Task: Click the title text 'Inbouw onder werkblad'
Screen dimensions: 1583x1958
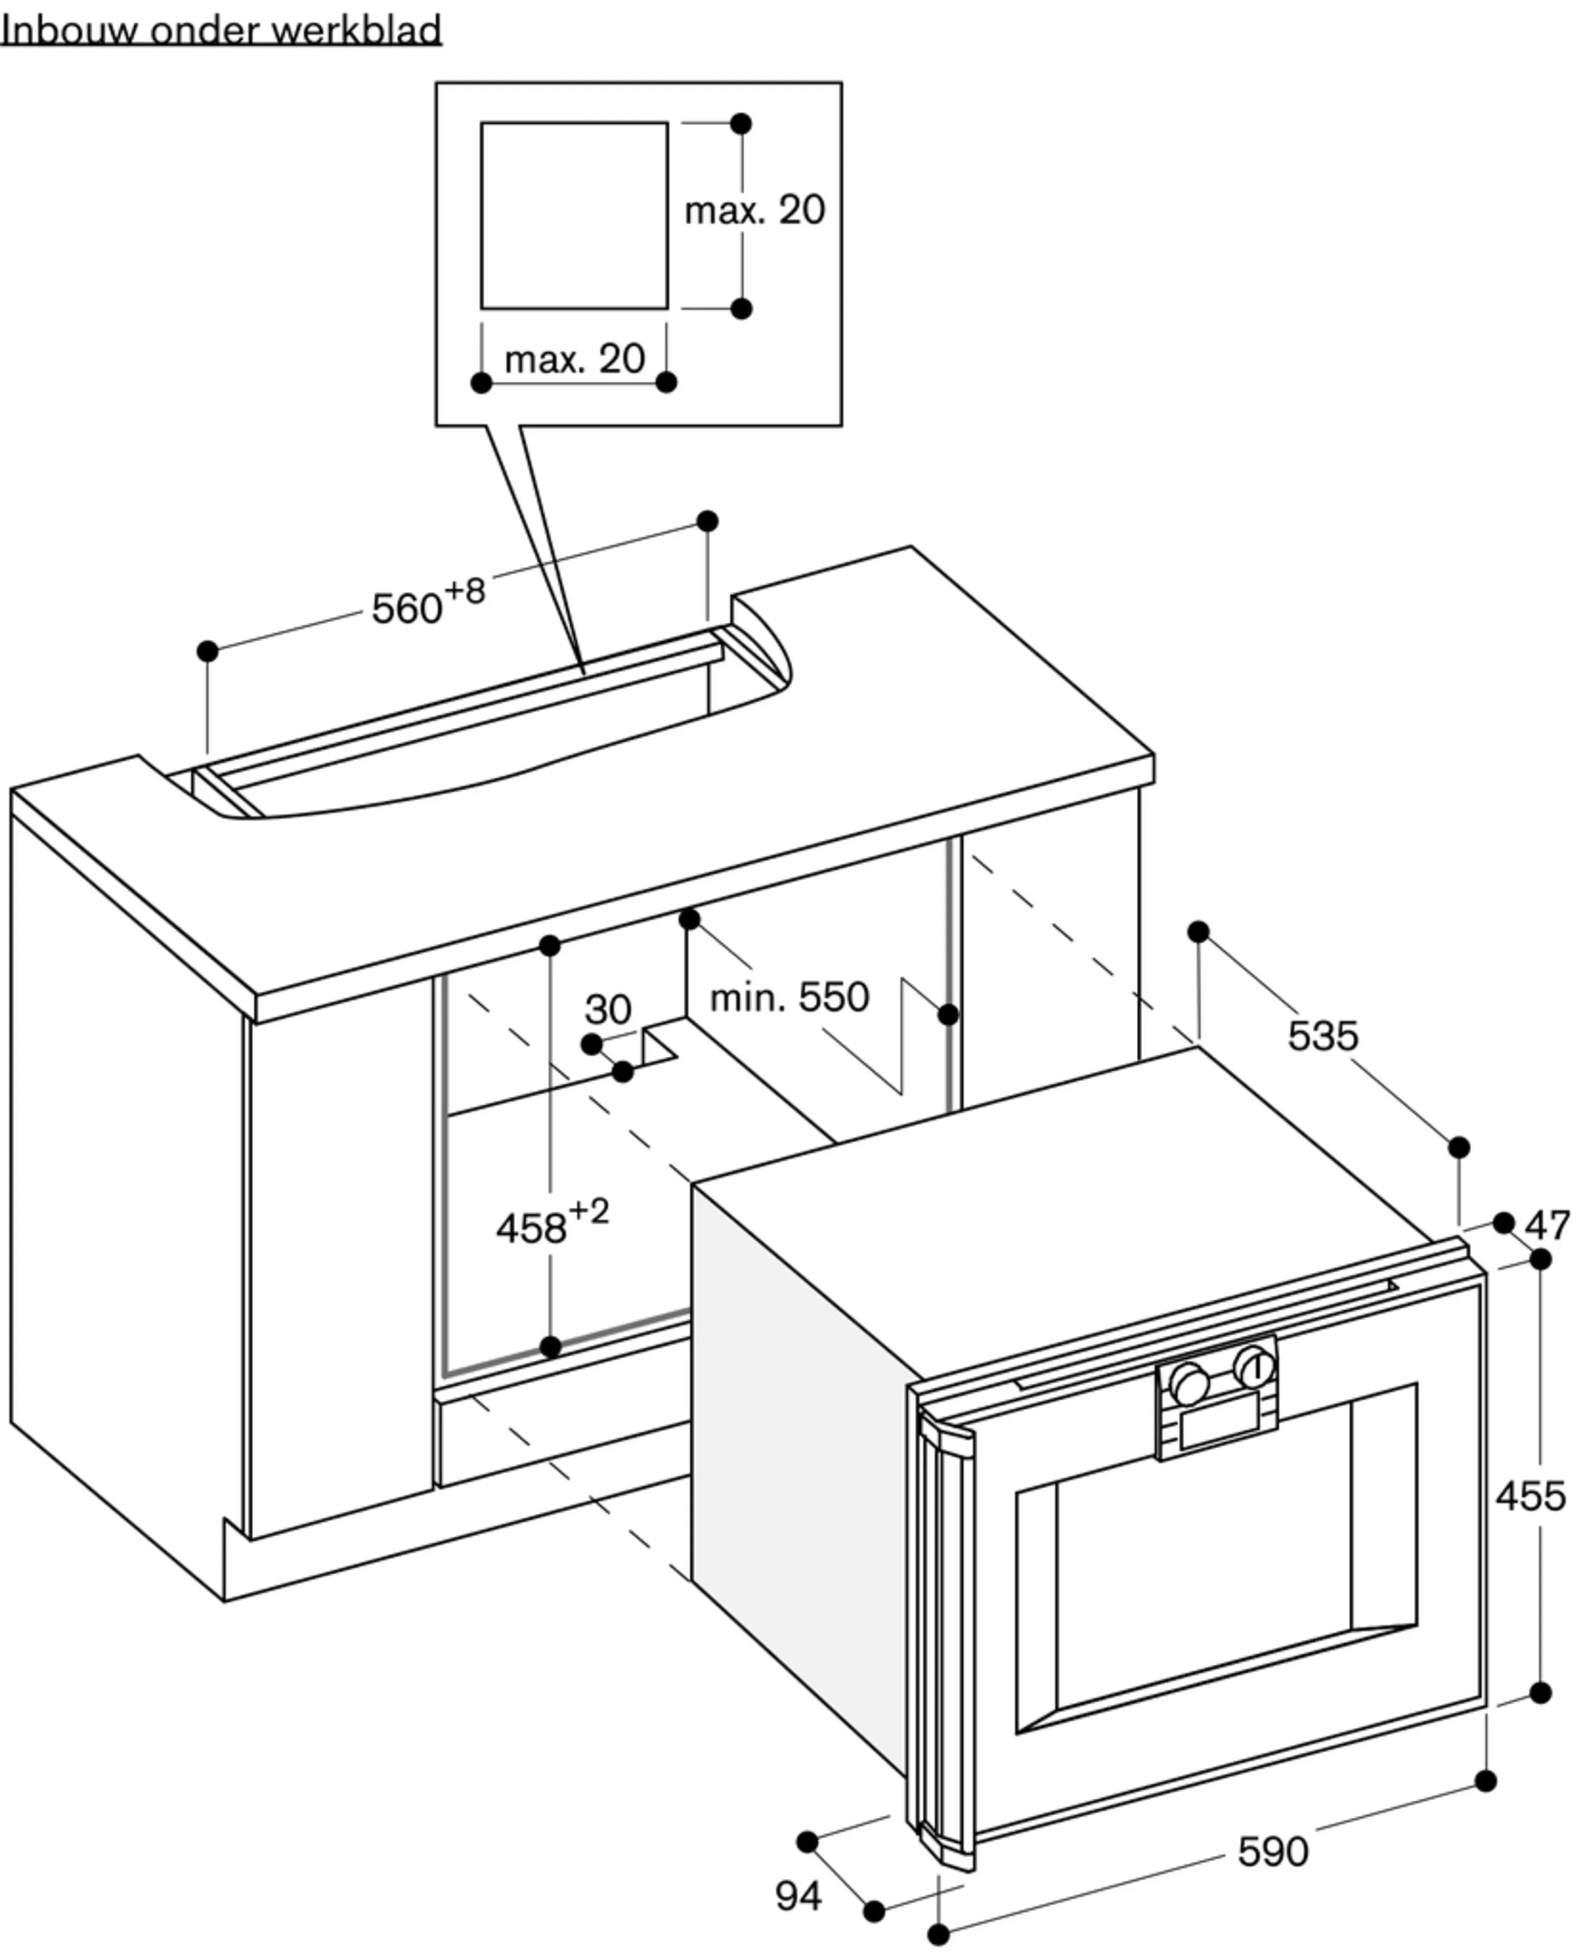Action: pos(221,30)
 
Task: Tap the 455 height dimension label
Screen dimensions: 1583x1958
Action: pos(1531,1497)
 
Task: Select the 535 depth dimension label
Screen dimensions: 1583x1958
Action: pos(1322,1036)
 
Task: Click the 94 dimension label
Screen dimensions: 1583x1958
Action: pos(799,1896)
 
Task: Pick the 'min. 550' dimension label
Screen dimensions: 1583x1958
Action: pos(790,997)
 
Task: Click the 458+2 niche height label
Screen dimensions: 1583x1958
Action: pos(552,1222)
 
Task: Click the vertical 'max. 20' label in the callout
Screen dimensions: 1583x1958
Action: pos(755,211)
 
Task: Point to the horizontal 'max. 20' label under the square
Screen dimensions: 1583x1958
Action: pos(575,359)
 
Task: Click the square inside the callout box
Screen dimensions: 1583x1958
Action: pos(575,215)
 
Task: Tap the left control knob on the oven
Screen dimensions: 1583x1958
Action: pos(1189,1383)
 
